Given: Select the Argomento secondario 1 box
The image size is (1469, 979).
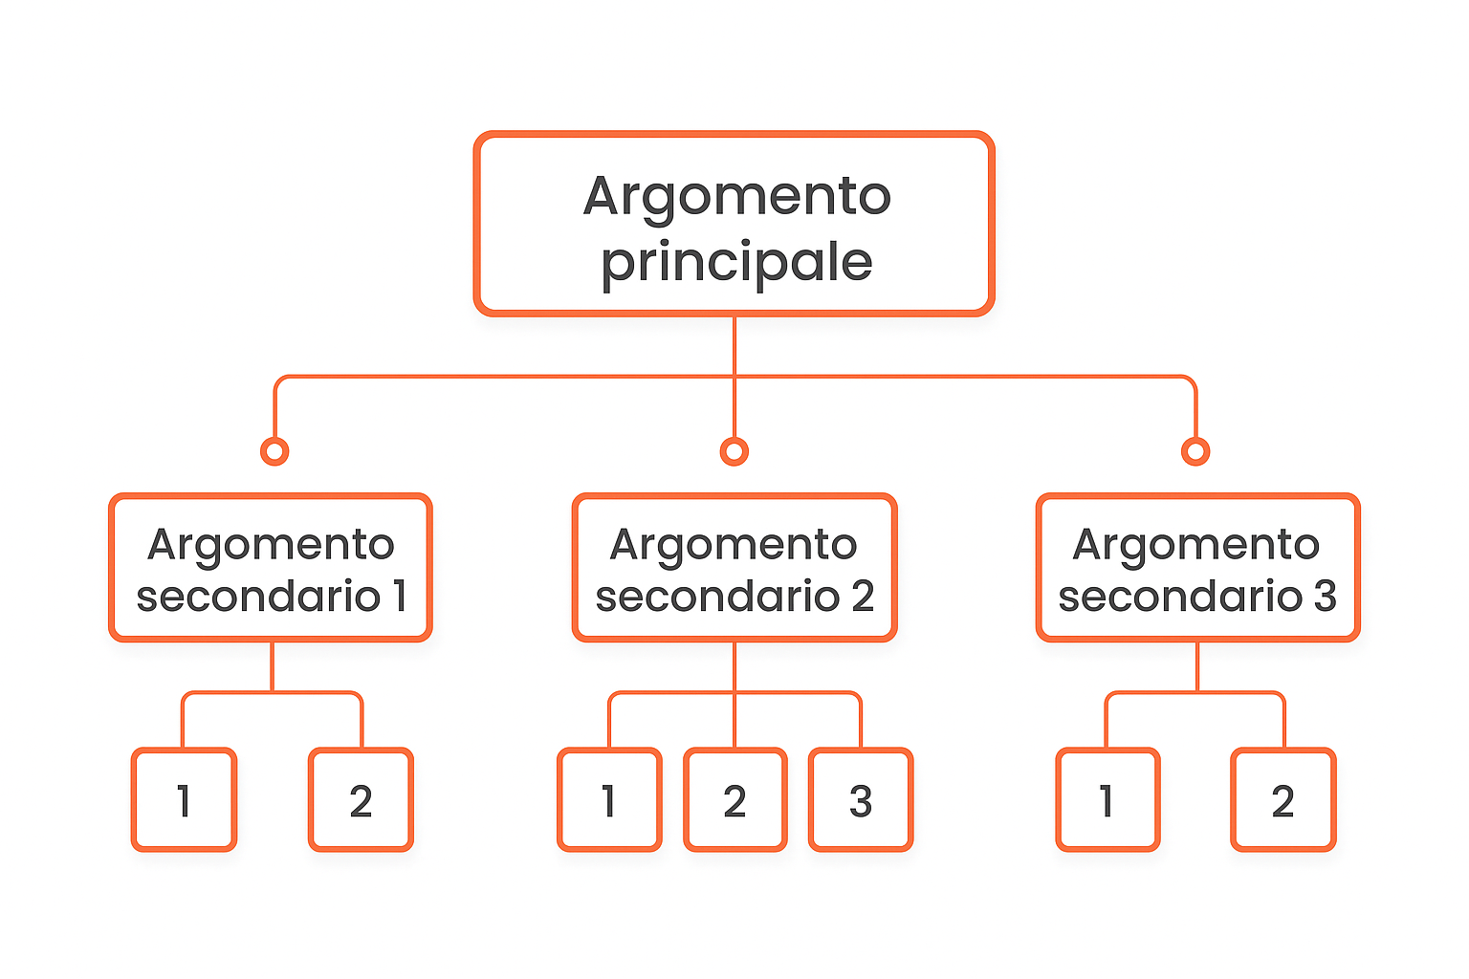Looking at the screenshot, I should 271,568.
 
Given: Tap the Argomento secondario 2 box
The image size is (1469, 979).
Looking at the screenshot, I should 734,568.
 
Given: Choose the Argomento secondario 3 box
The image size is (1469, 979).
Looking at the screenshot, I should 1197,568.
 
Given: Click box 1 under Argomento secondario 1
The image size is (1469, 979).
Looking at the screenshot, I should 184,800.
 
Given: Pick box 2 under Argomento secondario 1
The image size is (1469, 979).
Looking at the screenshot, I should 361,800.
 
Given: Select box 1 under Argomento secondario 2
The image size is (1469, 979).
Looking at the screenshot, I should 609,800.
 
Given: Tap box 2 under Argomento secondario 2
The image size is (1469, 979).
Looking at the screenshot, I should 734,800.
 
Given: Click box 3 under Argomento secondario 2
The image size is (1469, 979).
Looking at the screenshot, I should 861,800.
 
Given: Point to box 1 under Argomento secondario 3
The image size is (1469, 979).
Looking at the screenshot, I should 1107,800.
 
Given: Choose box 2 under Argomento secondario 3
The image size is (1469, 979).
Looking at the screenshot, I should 1283,800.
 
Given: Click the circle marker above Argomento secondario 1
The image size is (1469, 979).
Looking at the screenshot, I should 274,451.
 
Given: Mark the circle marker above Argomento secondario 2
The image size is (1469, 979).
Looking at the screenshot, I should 734,451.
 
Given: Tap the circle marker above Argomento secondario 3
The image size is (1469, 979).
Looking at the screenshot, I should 1195,451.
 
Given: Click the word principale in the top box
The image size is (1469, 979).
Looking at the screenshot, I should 736,262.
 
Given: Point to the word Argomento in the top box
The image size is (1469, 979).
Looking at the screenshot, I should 736,197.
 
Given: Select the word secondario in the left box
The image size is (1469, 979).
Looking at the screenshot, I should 258,597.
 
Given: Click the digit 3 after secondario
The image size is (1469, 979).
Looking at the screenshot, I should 1325,597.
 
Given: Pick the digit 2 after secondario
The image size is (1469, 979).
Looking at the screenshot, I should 863,597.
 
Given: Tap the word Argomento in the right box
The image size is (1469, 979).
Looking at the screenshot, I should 1196,545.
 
